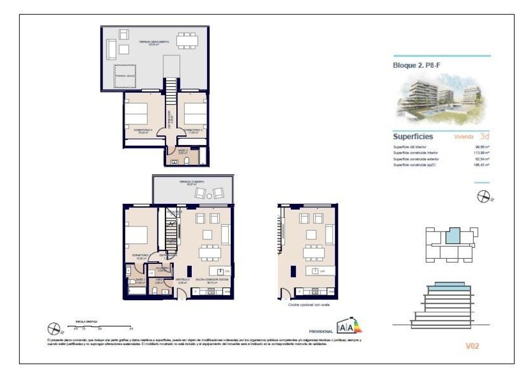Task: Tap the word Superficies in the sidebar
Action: coord(413,137)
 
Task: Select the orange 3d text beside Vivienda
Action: coord(484,137)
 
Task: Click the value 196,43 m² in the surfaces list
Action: coord(482,165)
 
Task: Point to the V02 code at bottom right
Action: coord(472,346)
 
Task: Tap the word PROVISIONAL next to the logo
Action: coord(321,331)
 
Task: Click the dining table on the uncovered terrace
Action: coord(187,40)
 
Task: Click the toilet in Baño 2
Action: coord(187,161)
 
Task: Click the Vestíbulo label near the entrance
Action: coord(184,280)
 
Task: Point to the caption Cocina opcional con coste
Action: coord(308,305)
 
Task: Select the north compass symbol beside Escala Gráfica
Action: coord(54,327)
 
